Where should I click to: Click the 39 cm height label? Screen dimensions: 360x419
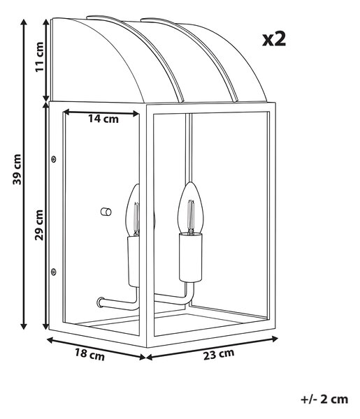click(17, 170)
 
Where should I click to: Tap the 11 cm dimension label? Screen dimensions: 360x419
click(39, 57)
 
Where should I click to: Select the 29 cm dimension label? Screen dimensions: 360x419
click(39, 225)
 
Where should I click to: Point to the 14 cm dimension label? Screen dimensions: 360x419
click(103, 119)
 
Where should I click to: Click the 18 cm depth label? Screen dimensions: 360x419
click(89, 354)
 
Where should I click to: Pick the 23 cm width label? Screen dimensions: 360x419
click(219, 354)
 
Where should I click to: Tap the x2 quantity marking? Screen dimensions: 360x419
click(274, 39)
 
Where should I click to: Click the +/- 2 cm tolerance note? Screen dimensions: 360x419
click(324, 399)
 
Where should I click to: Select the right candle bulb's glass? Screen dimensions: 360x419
click(191, 208)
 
